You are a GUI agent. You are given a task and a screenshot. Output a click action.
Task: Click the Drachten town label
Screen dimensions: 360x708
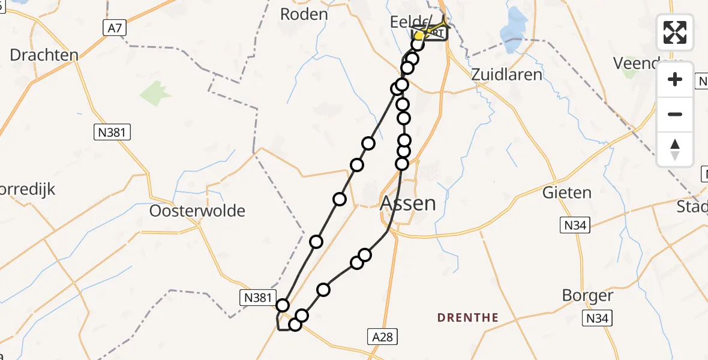coord(44,55)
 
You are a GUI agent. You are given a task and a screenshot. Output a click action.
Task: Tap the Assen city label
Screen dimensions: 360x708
coord(408,203)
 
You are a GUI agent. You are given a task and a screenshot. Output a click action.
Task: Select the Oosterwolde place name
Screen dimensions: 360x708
coord(197,211)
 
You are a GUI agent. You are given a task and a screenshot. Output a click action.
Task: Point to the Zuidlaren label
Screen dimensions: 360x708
coord(506,74)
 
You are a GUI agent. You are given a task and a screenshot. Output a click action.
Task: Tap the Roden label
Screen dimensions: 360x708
coord(304,14)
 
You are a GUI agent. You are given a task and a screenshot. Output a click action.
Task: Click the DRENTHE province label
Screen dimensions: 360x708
coord(468,317)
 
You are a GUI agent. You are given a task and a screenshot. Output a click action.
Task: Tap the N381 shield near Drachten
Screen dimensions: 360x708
coord(112,132)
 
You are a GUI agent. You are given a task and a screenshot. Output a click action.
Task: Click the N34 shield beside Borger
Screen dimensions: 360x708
coord(598,319)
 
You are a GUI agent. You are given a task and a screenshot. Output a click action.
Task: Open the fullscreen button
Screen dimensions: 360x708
coord(675,32)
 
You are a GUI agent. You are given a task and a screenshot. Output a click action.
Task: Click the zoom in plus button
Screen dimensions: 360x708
coord(675,79)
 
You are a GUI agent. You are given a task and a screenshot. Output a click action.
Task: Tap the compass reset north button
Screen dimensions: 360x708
coord(675,149)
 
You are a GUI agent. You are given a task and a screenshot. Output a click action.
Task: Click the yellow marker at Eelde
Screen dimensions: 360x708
coord(419,36)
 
